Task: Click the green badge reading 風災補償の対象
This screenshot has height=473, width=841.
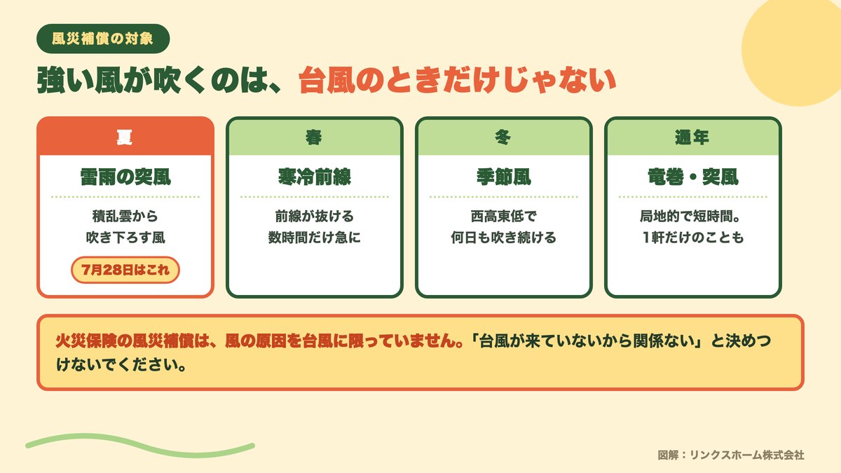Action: pos(103,39)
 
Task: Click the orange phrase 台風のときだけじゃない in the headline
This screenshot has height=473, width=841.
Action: pos(457,80)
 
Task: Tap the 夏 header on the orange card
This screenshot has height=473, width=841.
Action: pos(125,137)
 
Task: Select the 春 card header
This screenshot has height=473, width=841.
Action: pos(315,137)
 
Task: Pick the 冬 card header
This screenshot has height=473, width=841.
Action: pos(504,137)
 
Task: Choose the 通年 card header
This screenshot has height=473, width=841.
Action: pos(692,137)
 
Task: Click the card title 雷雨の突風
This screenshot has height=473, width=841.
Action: pos(125,177)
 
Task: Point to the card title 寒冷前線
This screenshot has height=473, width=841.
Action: pos(315,177)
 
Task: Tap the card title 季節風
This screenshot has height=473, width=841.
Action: pos(504,177)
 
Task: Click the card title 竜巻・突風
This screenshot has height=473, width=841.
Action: pos(693,177)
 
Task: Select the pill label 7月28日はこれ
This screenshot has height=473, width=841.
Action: pos(125,270)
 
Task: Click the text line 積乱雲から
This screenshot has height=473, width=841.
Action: pos(125,217)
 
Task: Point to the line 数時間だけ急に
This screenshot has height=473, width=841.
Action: pos(315,238)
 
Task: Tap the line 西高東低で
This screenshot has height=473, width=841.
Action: pos(504,217)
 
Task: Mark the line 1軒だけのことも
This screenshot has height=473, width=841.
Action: pos(693,238)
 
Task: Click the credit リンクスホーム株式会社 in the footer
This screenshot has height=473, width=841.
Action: pos(747,455)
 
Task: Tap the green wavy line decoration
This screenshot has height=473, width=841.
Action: pos(140,446)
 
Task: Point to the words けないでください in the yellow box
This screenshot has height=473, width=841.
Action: pos(117,364)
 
